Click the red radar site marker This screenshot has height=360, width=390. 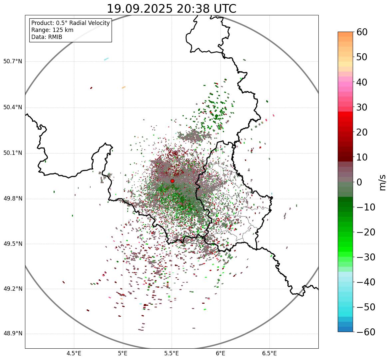click(x=172, y=181)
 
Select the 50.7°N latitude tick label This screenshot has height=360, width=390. click(x=13, y=61)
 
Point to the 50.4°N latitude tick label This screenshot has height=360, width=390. click(x=13, y=107)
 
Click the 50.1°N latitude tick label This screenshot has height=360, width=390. click(x=13, y=153)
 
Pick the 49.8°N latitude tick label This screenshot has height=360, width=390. click(x=13, y=199)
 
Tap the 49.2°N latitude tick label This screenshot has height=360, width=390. click(x=13, y=289)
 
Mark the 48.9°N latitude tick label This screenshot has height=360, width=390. click(x=13, y=334)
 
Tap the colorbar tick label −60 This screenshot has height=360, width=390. click(x=366, y=332)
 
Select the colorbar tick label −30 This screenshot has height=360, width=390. click(x=366, y=257)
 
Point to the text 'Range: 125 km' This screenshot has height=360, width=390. click(x=52, y=30)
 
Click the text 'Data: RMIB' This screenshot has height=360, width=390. click(x=47, y=37)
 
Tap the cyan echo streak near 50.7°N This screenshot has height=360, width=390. click(x=106, y=59)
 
